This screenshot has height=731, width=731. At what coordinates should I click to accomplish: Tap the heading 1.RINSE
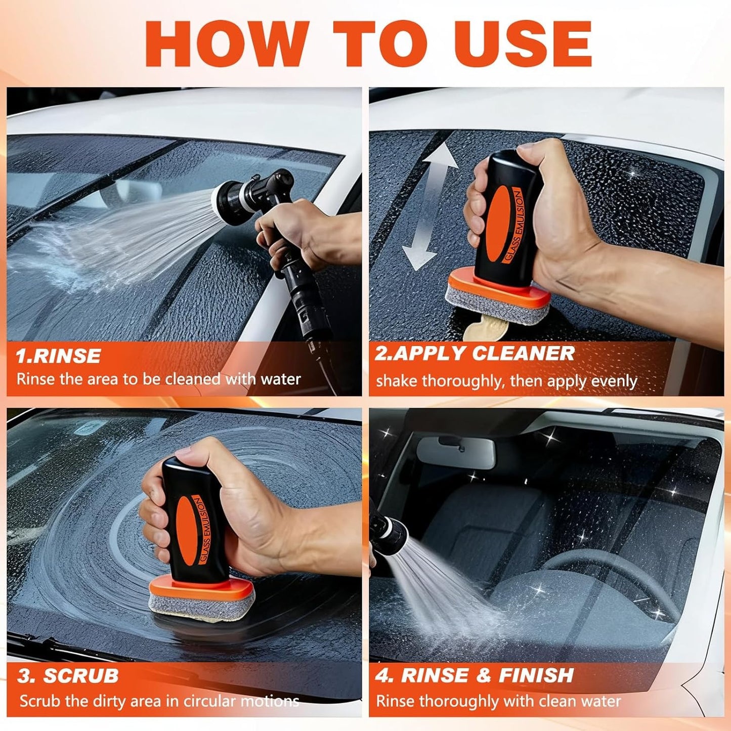pyautogui.click(x=58, y=356)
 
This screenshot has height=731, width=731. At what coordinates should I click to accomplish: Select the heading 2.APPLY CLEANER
pyautogui.click(x=475, y=354)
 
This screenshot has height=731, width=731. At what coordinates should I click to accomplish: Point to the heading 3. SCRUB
pyautogui.click(x=68, y=676)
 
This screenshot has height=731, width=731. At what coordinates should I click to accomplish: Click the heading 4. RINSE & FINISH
pyautogui.click(x=475, y=675)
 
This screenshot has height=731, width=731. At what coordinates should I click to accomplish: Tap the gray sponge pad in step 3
pyautogui.click(x=201, y=604)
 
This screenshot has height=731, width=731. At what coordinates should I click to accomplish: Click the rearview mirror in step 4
pyautogui.click(x=455, y=452)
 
